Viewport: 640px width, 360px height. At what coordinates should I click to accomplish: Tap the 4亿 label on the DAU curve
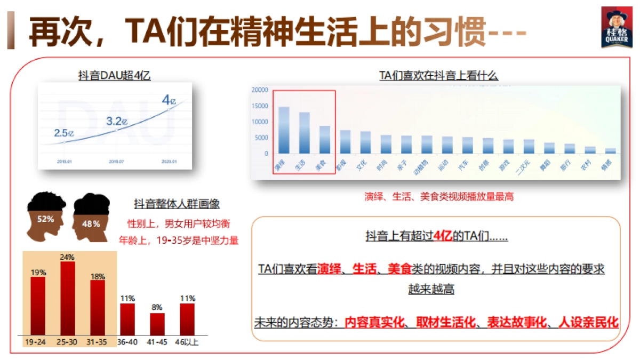tap(169, 100)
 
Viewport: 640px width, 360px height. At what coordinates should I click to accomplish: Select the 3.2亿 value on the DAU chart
tap(117, 121)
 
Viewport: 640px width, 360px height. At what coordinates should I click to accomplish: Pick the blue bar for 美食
tap(324, 139)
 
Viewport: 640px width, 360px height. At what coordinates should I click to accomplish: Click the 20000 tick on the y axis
tap(259, 90)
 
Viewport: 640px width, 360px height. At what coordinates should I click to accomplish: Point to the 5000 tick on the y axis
tap(261, 138)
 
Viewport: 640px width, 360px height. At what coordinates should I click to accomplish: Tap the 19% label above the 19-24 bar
tap(38, 273)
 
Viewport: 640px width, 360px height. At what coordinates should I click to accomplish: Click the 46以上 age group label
tap(187, 342)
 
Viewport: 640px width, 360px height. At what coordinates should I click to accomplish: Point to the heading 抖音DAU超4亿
tap(114, 75)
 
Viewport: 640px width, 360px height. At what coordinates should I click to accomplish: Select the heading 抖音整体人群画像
tap(177, 204)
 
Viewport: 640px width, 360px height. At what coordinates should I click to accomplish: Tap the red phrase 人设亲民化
tap(588, 323)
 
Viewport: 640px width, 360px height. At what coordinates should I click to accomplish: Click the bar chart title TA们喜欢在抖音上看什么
tap(438, 76)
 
